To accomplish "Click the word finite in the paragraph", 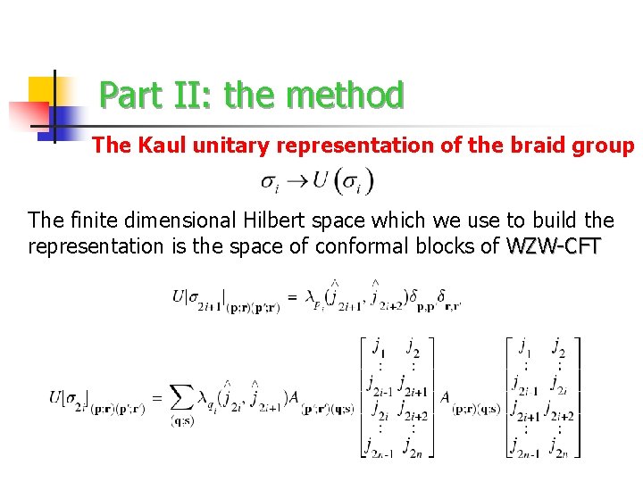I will (88, 220).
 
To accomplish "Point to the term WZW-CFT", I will (554, 245).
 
